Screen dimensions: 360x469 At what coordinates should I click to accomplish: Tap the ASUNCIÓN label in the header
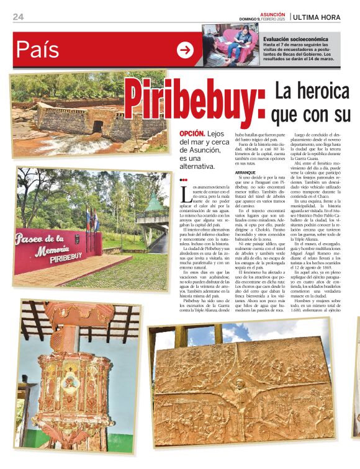tap(272, 14)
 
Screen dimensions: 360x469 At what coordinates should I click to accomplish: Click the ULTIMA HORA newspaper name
tap(325, 17)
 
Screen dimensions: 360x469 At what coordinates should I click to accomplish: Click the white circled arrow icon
tap(185, 50)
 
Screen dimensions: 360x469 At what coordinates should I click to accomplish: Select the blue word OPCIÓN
tap(192, 133)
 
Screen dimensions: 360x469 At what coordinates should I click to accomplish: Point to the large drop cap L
tap(186, 194)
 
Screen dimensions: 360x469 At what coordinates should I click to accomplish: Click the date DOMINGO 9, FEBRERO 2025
tap(263, 19)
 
